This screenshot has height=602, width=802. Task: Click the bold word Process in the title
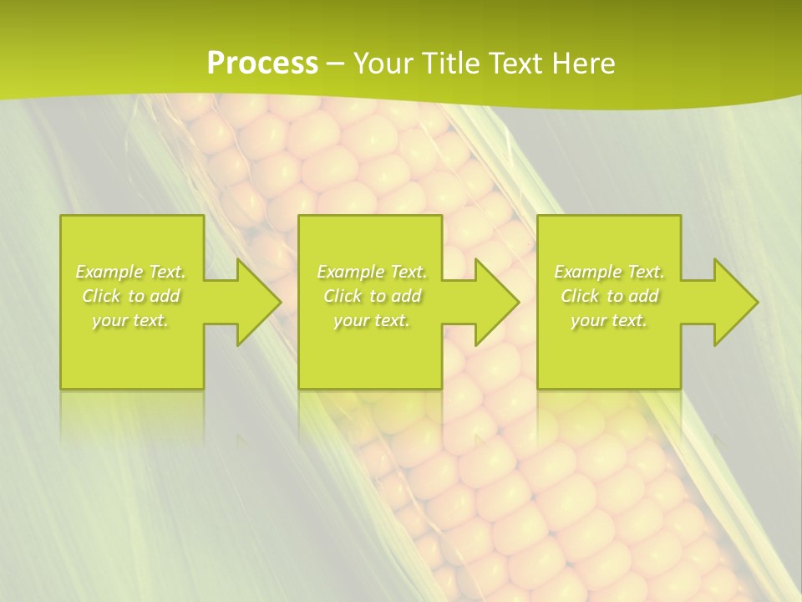coord(262,64)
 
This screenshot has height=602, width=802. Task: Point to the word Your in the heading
coord(384,64)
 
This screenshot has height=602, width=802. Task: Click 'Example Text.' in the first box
coord(131,272)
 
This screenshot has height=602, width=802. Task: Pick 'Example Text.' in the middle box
coord(372,272)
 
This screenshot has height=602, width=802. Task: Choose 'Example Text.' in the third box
coord(609,272)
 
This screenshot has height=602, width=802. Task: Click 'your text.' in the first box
coord(130,320)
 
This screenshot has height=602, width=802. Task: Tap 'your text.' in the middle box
coord(372,320)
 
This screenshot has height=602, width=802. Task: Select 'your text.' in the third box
coord(609,320)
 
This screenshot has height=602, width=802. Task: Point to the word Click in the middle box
coord(343,296)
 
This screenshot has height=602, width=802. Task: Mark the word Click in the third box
coord(580,296)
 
